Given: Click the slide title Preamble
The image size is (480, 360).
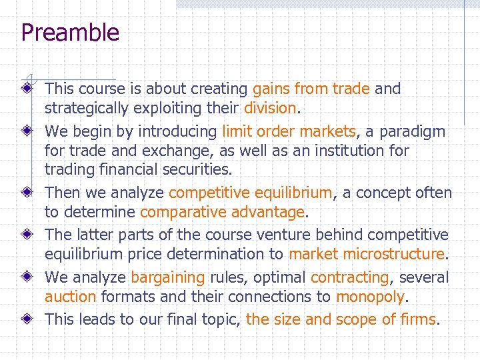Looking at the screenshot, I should tap(70, 33).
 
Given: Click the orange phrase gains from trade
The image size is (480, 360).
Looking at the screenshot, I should tap(311, 89).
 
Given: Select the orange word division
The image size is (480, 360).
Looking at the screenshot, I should tap(270, 108).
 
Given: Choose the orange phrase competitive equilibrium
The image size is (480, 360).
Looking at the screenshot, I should tap(250, 193).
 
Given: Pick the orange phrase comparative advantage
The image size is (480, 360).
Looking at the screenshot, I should tap(222, 213).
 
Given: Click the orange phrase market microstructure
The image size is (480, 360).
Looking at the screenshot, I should tap(367, 254).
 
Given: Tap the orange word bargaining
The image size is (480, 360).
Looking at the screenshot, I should tap(167, 277).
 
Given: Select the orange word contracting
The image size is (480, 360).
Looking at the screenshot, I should tap(350, 277).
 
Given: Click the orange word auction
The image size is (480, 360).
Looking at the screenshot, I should tap(71, 297).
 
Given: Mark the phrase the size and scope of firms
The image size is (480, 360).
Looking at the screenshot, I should tap(341, 319).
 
